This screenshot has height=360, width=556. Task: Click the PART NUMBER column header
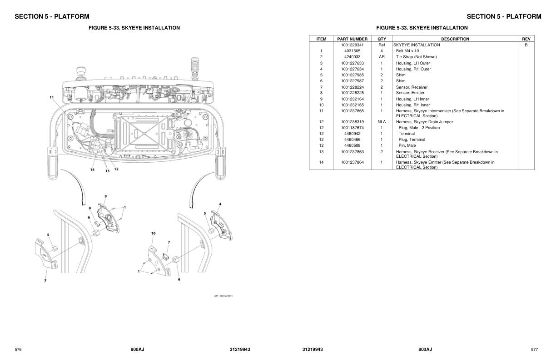(352, 39)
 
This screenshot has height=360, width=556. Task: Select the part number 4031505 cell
(352, 51)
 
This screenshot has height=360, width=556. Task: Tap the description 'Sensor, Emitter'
(410, 93)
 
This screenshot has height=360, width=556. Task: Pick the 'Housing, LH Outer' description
(412, 63)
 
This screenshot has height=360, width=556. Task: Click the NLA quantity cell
(382, 122)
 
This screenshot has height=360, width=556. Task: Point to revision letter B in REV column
(526, 45)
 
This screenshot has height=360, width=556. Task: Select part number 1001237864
(352, 162)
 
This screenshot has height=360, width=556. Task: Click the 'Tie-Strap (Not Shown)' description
(416, 57)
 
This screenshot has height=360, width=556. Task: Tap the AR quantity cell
(382, 57)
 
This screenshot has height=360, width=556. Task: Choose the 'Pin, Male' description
(407, 145)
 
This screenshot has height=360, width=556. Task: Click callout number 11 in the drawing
(52, 97)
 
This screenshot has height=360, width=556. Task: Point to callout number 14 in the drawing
(92, 170)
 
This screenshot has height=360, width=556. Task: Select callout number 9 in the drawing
(105, 196)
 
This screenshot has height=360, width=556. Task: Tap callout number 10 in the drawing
(154, 233)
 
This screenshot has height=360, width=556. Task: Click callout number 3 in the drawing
(45, 280)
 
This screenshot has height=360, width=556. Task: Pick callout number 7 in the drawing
(169, 242)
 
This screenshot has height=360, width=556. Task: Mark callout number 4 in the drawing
(220, 204)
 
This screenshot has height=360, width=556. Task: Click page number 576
(18, 349)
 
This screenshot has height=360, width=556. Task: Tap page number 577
(534, 349)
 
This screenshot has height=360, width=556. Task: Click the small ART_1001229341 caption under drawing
(223, 296)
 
